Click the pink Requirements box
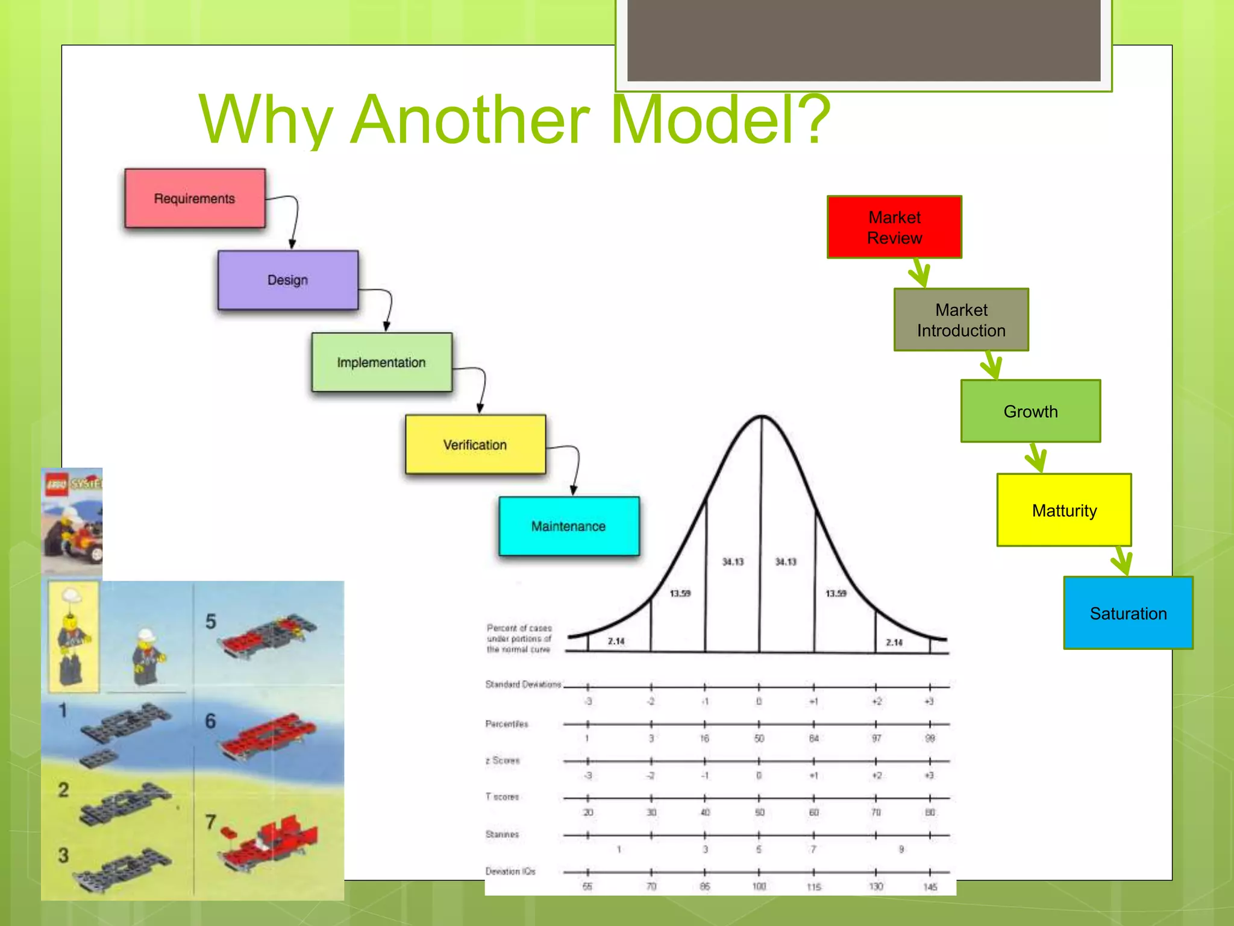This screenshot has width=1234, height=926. coord(195,198)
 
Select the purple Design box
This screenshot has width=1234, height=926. coord(287,280)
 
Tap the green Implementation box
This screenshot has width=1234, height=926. coord(381,362)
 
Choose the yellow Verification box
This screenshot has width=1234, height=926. coord(475,445)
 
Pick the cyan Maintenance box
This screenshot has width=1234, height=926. coord(568,526)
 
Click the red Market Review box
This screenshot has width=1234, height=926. coord(894,227)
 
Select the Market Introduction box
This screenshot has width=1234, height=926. coord(961,320)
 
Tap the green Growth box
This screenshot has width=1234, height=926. coord(1030,411)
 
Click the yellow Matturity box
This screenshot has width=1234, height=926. coord(1064,510)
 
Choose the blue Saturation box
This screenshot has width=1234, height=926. coord(1128,613)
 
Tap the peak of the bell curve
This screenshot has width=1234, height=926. coord(762,417)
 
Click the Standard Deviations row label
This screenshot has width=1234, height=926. coord(522,684)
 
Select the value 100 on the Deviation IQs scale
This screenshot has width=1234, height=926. coord(759,886)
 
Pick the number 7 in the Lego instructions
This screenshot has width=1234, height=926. coord(210,822)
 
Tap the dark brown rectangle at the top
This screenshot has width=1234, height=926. coord(863,40)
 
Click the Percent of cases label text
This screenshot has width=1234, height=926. coord(519,638)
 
